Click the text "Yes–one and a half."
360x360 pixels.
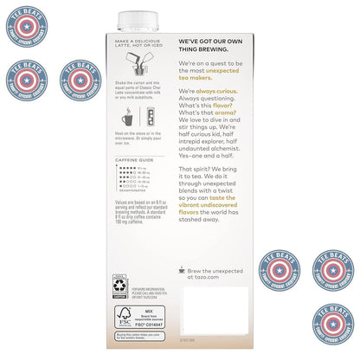point(208,168)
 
